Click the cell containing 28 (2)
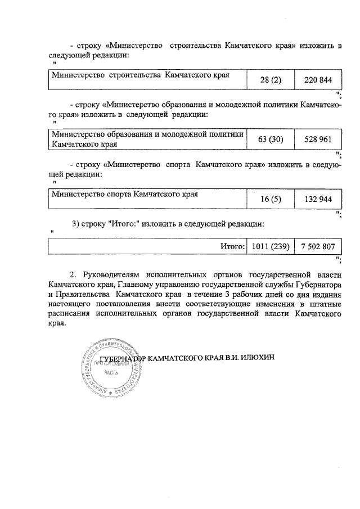tap(271, 80)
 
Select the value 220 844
tap(318, 80)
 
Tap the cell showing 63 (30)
tap(271, 139)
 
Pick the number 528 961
tap(318, 139)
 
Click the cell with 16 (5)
tap(271, 200)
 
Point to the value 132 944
tap(318, 200)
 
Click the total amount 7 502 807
tap(318, 246)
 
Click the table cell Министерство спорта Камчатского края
tap(124, 195)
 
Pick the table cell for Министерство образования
tap(147, 139)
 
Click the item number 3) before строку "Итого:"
tap(76, 224)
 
